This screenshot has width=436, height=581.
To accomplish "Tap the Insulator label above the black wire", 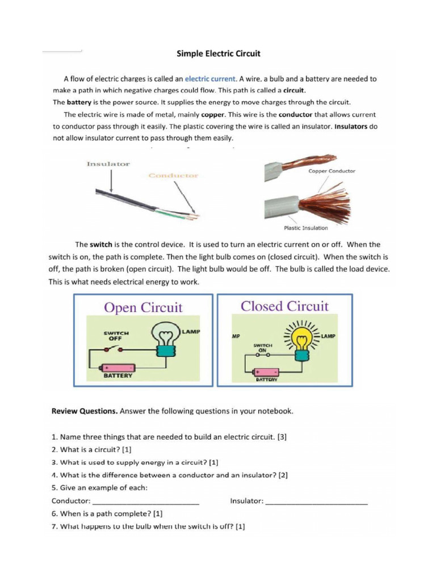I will click(108, 164).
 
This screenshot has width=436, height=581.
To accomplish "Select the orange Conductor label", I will click(173, 176).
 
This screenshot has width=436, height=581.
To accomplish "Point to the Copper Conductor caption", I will click(332, 171).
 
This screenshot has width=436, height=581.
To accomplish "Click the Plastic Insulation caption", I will click(305, 228).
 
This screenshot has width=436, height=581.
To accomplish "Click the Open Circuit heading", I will click(143, 308).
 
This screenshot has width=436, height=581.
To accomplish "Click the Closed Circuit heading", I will click(284, 306).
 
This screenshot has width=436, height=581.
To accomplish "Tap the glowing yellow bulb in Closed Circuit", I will click(300, 339).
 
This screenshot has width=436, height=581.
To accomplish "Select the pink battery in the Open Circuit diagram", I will click(118, 368).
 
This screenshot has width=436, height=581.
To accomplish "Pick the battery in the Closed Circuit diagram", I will click(266, 372).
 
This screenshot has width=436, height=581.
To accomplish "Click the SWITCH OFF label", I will click(116, 335).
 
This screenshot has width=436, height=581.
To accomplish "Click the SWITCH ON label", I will click(263, 347).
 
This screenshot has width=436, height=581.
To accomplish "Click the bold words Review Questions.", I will click(85, 412).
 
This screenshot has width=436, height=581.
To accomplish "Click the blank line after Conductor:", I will click(145, 501).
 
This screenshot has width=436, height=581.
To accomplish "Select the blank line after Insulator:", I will click(316, 501).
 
